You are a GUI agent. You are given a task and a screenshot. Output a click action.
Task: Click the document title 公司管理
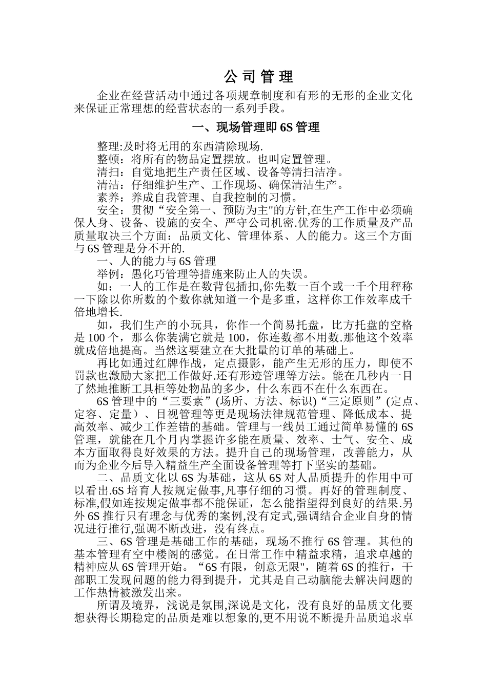click(259, 77)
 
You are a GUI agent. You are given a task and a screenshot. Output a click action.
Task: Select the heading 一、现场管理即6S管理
click(255, 127)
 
